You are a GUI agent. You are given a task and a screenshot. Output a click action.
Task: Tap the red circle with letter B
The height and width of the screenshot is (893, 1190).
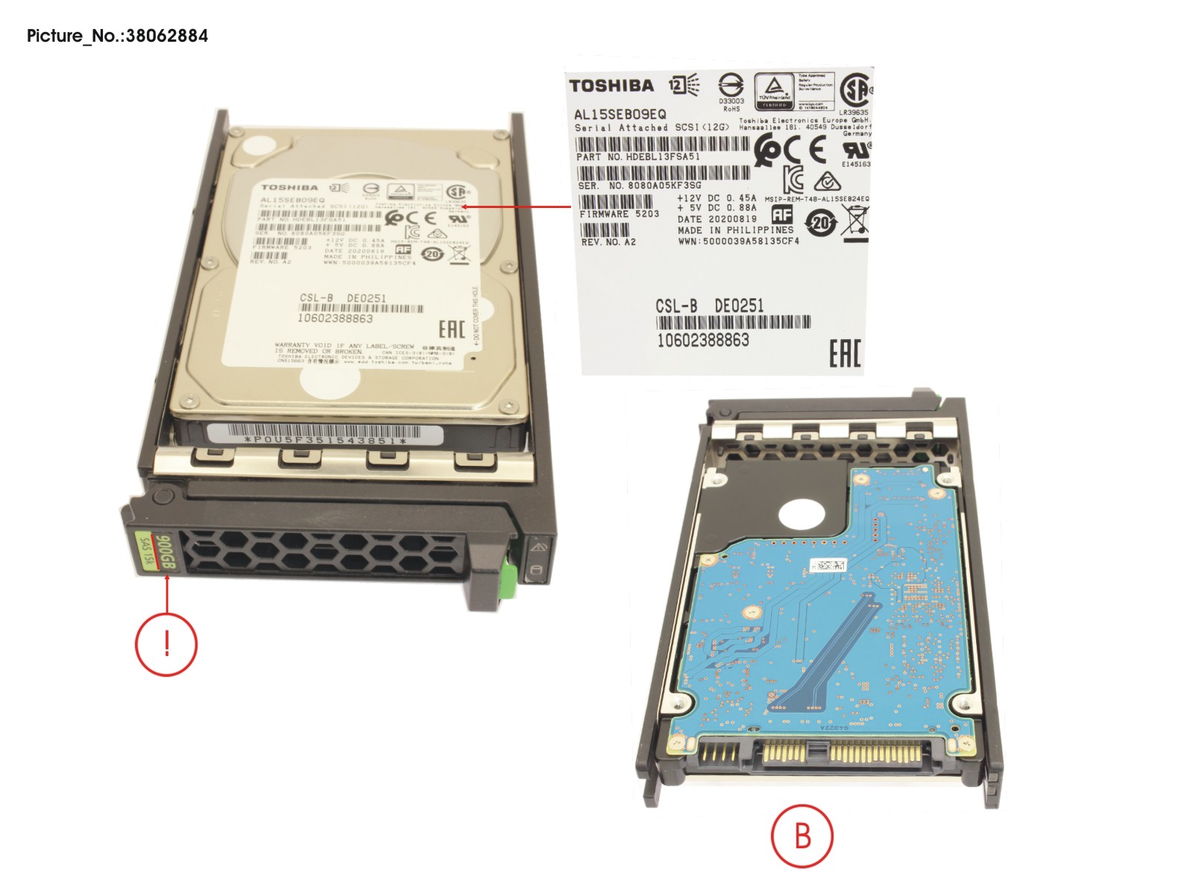pyautogui.click(x=802, y=836)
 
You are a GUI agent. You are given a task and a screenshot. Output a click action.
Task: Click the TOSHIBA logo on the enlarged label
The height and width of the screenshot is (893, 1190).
pyautogui.click(x=611, y=86)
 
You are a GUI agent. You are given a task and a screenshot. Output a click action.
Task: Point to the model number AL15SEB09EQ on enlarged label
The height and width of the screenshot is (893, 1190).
pyautogui.click(x=620, y=114)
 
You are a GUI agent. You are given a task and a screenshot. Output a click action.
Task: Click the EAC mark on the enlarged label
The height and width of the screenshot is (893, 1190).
pyautogui.click(x=845, y=353)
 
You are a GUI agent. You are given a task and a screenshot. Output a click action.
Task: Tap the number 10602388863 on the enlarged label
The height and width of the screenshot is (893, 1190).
pyautogui.click(x=702, y=341)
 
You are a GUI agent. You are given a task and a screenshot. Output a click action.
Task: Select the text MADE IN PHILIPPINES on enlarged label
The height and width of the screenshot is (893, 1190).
pyautogui.click(x=735, y=230)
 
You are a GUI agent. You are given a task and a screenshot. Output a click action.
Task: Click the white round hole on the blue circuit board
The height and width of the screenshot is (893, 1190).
pyautogui.click(x=802, y=515)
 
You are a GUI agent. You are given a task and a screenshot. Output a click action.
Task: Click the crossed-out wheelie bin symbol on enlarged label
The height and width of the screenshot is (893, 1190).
pyautogui.click(x=854, y=222)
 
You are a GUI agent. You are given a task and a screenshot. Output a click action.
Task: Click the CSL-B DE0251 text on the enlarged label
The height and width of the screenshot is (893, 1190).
pyautogui.click(x=709, y=306)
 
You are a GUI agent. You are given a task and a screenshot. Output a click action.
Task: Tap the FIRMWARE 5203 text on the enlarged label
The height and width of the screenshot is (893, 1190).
pyautogui.click(x=619, y=214)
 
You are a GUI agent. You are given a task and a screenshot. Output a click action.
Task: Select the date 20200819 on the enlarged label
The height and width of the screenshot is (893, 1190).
pyautogui.click(x=732, y=219)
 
